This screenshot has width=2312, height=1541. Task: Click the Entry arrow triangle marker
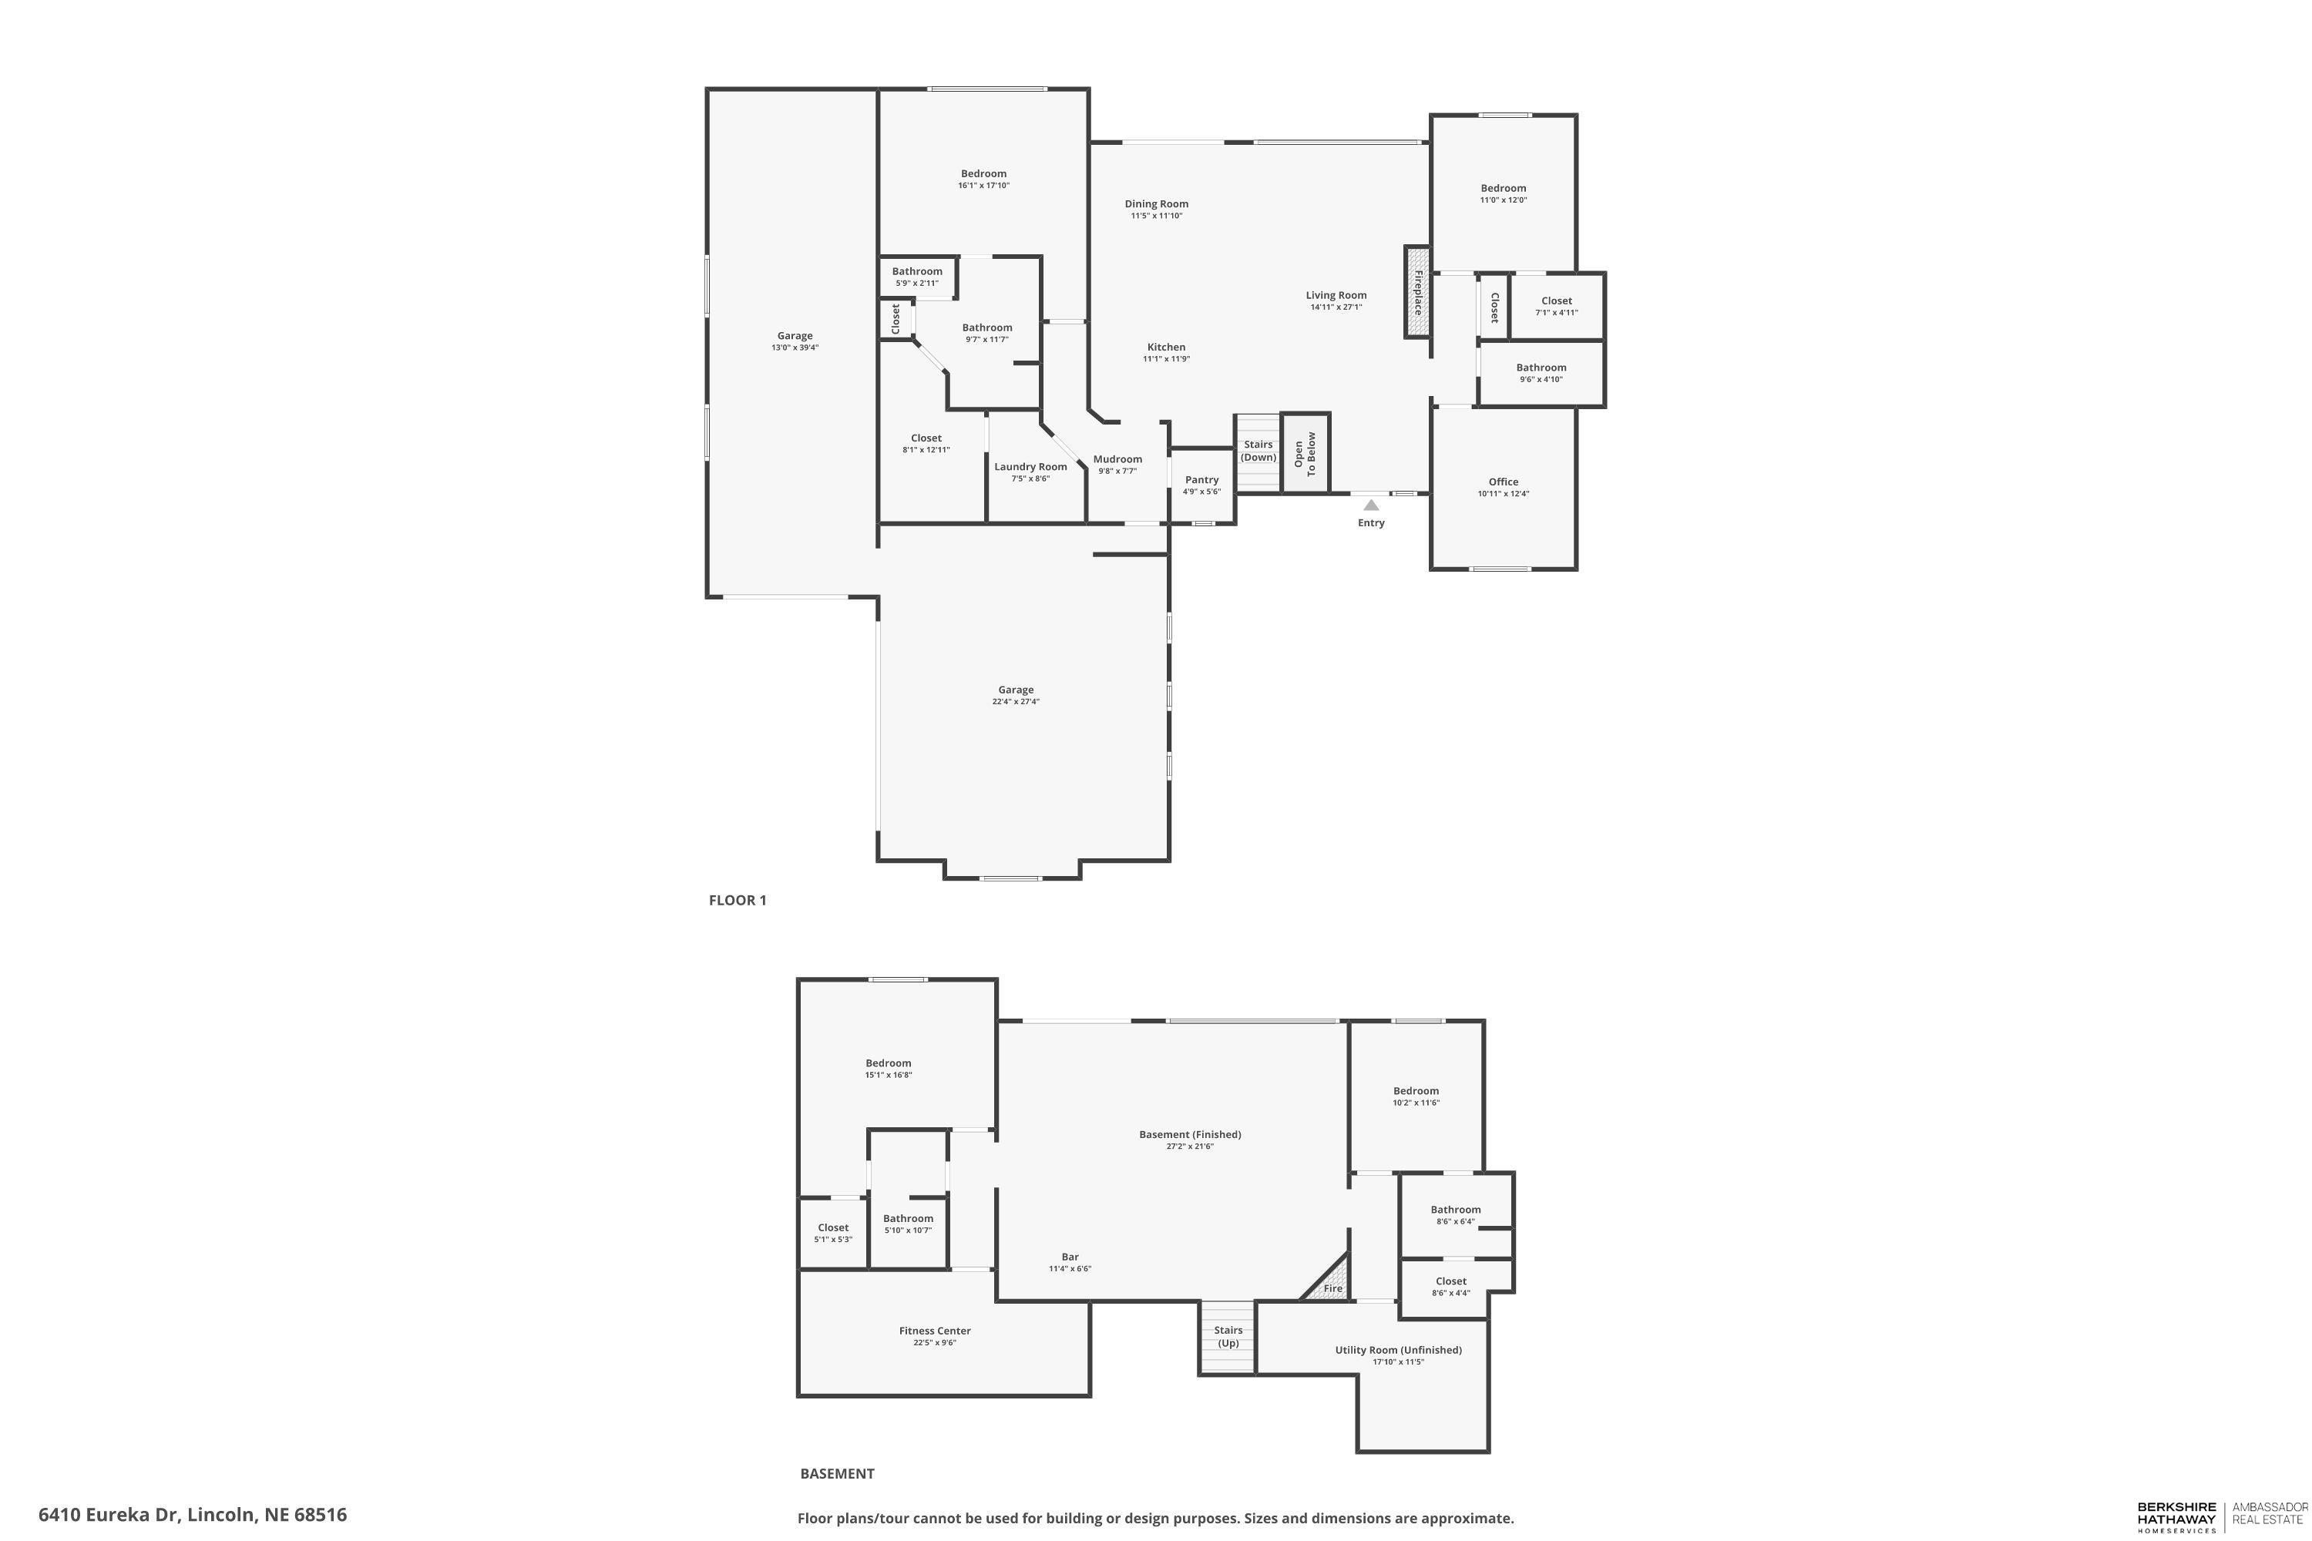(x=1370, y=505)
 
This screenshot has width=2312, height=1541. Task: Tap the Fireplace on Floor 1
(x=1416, y=292)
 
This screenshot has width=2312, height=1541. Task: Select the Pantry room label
(x=1201, y=479)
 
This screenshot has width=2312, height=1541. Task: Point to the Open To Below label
(x=1305, y=453)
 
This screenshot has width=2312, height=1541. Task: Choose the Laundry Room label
(x=1030, y=467)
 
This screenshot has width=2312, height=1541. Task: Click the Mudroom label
(x=1117, y=459)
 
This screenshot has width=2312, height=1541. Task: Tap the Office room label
(x=1503, y=482)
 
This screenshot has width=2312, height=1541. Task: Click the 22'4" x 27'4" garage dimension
(x=1016, y=702)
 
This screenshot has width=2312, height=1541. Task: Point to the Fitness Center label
(x=934, y=1331)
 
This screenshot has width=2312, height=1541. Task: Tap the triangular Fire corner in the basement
(x=1330, y=1284)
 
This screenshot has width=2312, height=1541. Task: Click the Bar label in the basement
(x=1070, y=1256)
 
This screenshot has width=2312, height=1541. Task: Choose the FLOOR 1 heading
(x=738, y=900)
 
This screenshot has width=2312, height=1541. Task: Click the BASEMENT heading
(x=836, y=1473)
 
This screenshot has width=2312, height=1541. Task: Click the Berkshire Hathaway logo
(x=2176, y=1516)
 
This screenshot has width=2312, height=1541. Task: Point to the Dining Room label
(x=1156, y=204)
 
